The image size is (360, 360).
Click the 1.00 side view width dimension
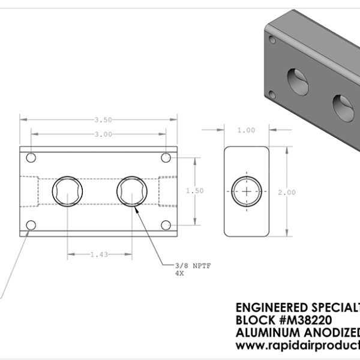pyautogui.click(x=246, y=130)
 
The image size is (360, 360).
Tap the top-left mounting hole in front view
pyautogui.click(x=32, y=157)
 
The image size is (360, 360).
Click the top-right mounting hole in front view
pyautogui.click(x=167, y=157)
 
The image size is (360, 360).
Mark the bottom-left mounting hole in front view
pyautogui.click(x=32, y=225)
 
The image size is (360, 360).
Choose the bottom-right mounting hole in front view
pyautogui.click(x=167, y=225)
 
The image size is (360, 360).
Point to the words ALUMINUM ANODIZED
pyautogui.click(x=295, y=333)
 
